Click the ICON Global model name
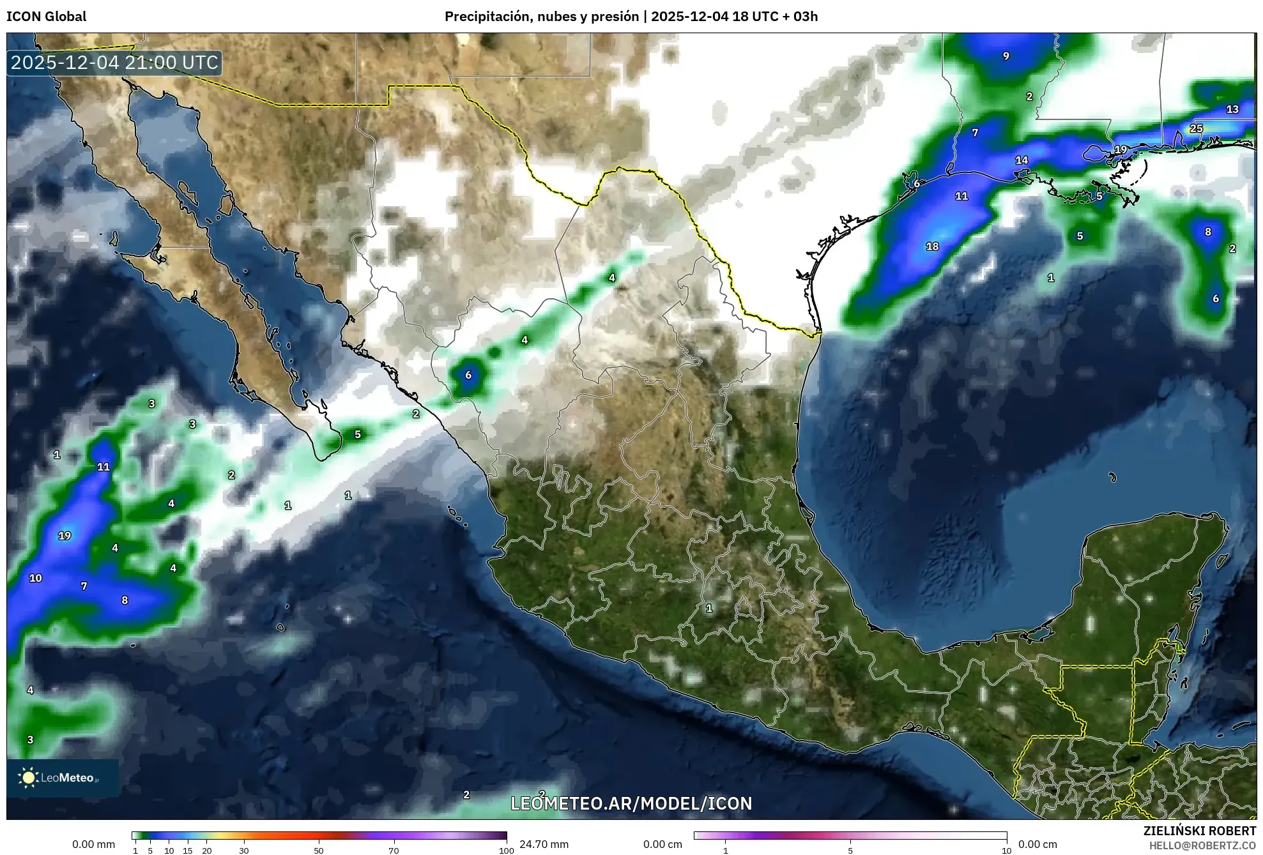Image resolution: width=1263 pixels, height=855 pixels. (x=46, y=17)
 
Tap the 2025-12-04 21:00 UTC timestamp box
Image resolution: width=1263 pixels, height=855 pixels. (x=114, y=63)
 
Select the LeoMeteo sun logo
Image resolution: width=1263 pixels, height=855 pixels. (x=29, y=777)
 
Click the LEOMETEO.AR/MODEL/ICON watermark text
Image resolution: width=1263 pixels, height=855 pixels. (x=631, y=803)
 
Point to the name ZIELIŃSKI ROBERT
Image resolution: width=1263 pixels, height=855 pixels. (x=1199, y=831)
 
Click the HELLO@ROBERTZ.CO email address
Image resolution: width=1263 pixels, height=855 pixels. (x=1202, y=845)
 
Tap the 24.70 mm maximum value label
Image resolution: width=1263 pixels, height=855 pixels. (x=544, y=844)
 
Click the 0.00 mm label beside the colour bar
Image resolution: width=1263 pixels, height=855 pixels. (x=93, y=844)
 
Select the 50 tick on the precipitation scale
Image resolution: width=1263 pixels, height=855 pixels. (x=319, y=851)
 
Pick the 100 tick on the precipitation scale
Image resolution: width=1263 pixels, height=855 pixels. (x=506, y=851)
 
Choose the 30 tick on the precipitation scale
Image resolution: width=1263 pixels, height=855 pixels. (x=244, y=851)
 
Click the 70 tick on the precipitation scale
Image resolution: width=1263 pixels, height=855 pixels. (x=394, y=851)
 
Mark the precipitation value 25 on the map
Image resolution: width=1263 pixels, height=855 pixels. (x=1196, y=128)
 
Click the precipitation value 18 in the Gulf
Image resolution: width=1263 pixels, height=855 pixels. (x=932, y=246)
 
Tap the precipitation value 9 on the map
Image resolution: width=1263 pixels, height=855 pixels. (x=1006, y=56)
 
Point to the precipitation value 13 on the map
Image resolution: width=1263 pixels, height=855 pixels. (x=1232, y=109)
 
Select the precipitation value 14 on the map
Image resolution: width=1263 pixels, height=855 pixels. (x=1022, y=160)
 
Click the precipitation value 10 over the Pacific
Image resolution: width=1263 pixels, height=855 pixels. (x=36, y=578)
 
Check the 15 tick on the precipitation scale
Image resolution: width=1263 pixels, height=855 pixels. (x=188, y=851)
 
